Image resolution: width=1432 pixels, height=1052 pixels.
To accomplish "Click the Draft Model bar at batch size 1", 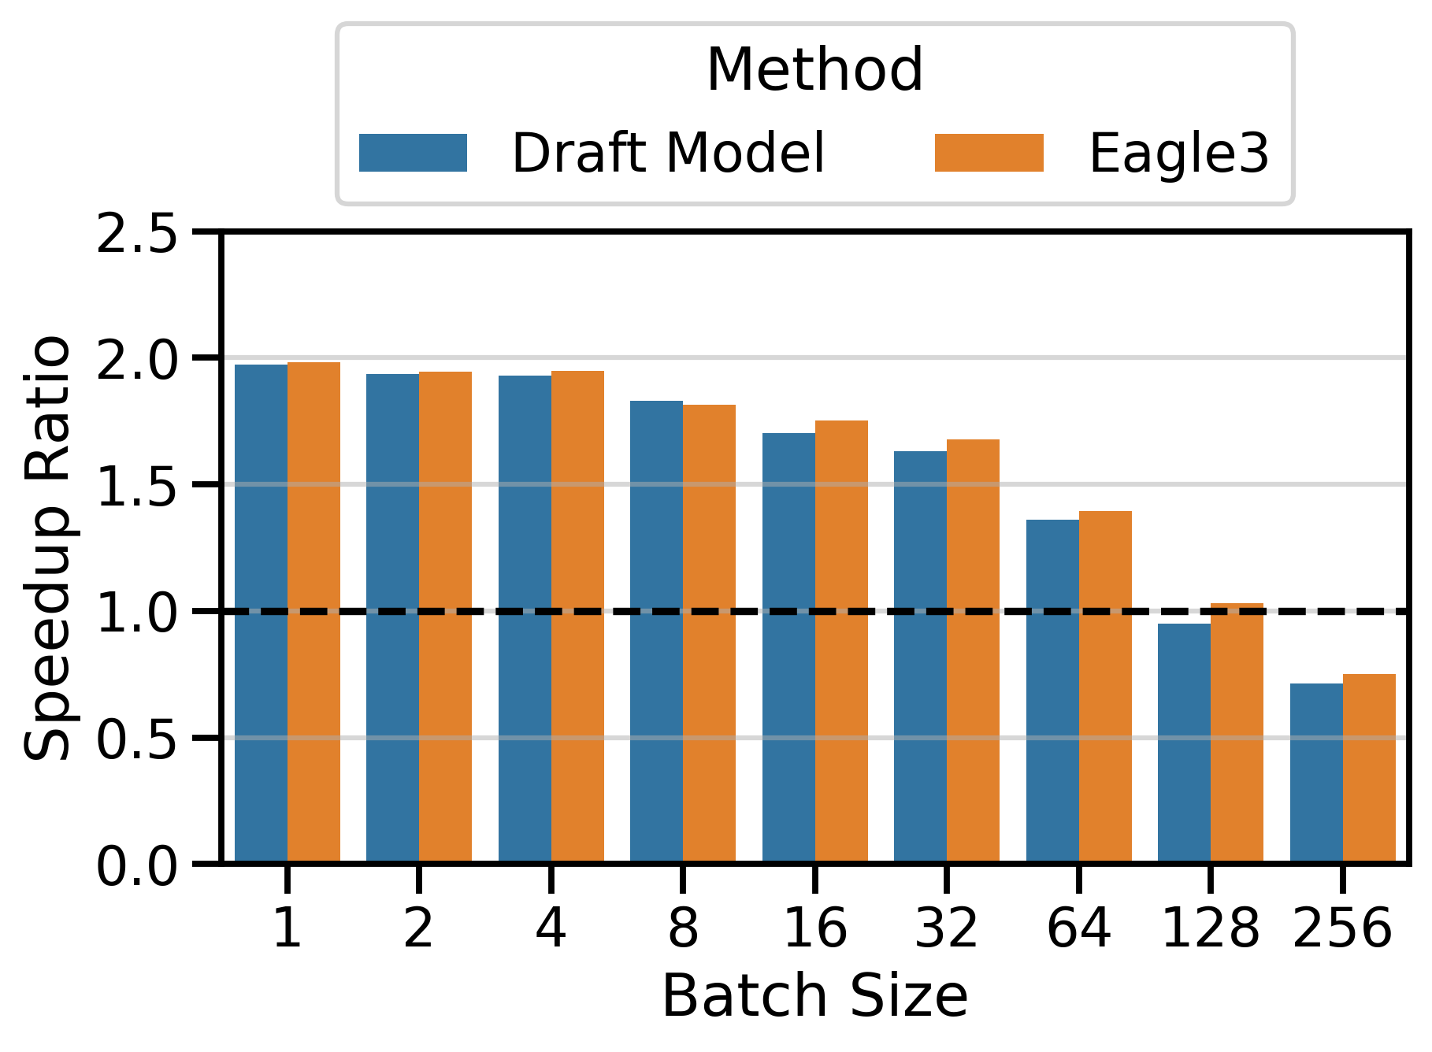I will click(261, 614).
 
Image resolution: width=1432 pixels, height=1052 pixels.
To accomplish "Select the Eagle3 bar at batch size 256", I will click(1369, 768).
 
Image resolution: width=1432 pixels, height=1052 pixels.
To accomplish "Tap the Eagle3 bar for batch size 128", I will click(1237, 733).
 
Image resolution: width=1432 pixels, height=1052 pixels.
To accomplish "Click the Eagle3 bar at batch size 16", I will click(841, 642).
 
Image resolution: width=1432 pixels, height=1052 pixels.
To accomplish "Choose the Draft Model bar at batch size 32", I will click(920, 657).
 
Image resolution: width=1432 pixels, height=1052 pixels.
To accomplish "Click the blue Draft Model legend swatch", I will click(413, 153).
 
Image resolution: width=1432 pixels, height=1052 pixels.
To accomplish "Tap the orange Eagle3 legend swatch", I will click(989, 153).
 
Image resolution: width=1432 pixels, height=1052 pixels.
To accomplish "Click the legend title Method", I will click(814, 71).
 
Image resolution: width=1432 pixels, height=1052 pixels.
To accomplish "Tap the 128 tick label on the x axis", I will click(1210, 928).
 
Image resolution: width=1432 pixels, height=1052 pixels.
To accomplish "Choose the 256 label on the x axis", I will click(1342, 928).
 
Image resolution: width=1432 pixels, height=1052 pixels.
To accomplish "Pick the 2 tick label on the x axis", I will click(418, 928).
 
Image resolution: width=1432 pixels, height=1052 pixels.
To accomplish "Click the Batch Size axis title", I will click(814, 997).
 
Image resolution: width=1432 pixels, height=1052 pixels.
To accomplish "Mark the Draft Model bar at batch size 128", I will click(1184, 743).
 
